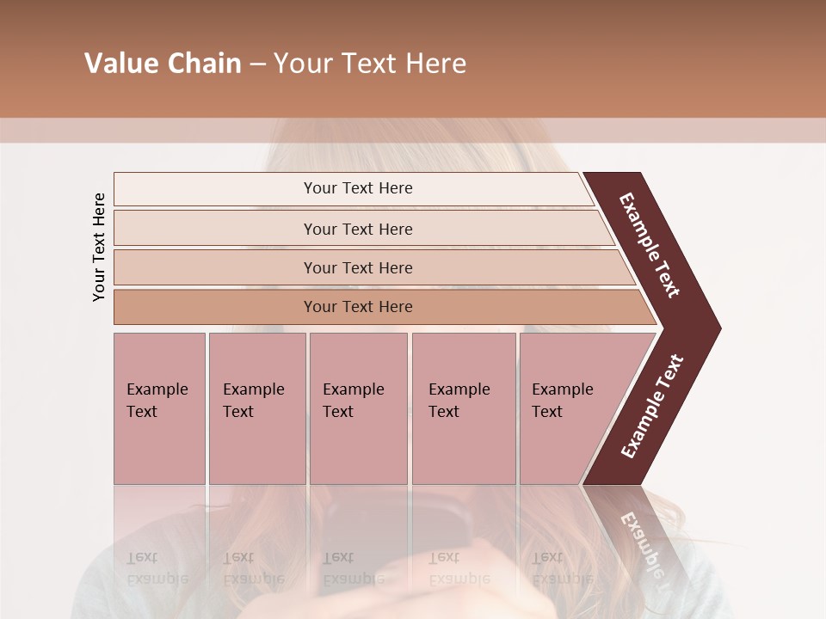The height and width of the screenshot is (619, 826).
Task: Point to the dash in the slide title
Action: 257,64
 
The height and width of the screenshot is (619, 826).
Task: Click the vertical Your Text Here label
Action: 99,247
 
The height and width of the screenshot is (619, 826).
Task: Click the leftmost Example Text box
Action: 159,408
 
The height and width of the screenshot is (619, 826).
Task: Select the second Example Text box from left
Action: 256,408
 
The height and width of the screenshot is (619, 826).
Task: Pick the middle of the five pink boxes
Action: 358,408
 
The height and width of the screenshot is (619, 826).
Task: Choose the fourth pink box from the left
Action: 463,408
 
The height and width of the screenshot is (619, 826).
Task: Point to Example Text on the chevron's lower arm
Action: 651,407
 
